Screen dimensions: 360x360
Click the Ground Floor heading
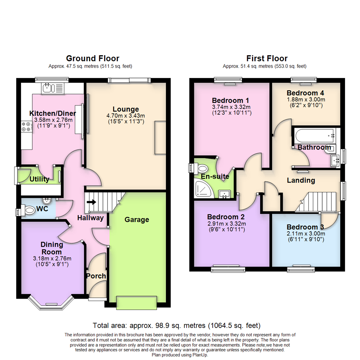point(92,59)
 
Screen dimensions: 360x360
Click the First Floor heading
point(268,59)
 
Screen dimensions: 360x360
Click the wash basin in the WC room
point(46,201)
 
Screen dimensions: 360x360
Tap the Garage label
point(137,220)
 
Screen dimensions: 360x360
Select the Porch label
point(96,276)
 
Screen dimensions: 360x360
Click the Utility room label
point(39,180)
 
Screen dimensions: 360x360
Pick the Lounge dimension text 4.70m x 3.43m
point(125,115)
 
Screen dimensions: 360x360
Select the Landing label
point(301,180)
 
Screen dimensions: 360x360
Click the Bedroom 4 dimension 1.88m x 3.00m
point(306,99)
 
